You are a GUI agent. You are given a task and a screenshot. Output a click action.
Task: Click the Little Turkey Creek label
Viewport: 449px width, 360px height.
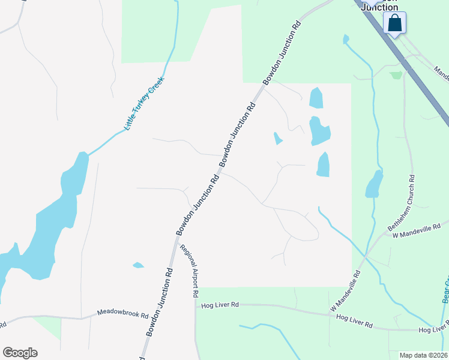144,104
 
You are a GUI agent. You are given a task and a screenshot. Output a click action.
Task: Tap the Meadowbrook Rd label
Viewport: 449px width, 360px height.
122,314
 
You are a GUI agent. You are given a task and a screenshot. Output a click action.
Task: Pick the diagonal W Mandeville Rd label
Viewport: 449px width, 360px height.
345,291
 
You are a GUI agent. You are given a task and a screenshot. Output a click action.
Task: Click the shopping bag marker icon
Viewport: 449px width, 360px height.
394,23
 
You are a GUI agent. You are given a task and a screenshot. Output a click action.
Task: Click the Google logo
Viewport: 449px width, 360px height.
20,353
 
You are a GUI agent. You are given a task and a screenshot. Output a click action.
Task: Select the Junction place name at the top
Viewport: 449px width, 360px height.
379,7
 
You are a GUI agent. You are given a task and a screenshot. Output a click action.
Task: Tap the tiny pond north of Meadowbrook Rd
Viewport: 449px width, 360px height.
138,265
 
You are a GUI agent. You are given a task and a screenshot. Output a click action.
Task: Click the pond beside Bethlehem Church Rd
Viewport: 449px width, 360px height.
374,185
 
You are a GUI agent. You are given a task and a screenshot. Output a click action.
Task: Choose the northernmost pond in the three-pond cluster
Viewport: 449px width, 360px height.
315,98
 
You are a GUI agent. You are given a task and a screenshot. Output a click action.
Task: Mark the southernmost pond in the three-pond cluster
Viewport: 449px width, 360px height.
323,164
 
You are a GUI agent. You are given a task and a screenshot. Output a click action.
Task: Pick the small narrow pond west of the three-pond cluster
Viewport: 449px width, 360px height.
277,139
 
